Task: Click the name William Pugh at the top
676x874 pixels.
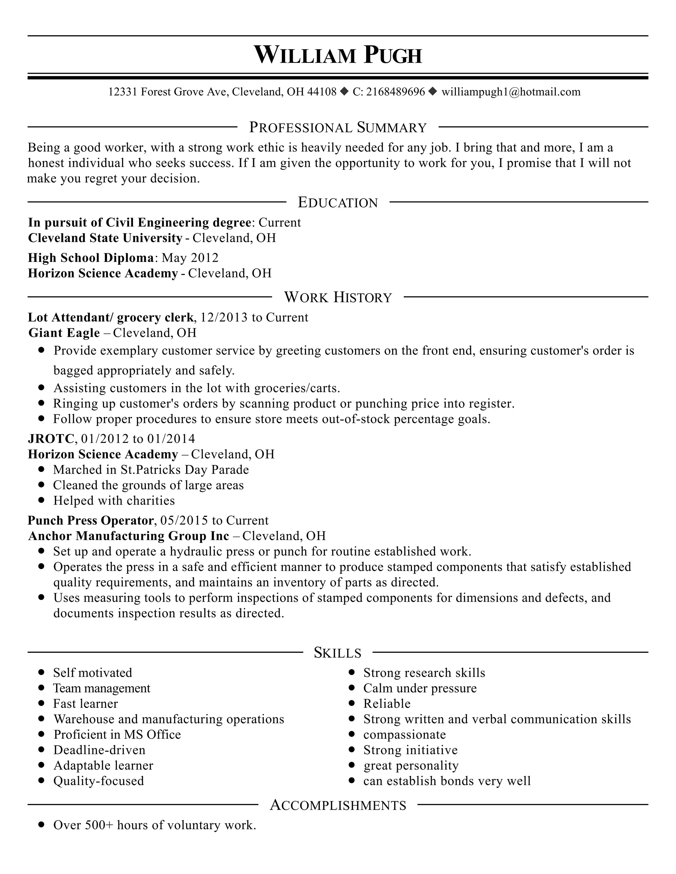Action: tap(338, 55)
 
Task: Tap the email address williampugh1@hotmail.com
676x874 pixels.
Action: tap(511, 92)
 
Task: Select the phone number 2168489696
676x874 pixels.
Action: tap(395, 92)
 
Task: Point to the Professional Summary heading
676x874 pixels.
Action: tap(338, 127)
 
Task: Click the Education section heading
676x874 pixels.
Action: tap(338, 203)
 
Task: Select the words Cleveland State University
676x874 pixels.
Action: tap(105, 238)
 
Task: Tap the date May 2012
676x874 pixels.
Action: tap(190, 258)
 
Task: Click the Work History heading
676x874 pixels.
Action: tap(338, 297)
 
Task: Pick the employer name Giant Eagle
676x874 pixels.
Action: tap(64, 333)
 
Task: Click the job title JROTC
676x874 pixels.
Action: tap(51, 439)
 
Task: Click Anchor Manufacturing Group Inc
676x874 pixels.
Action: tap(128, 536)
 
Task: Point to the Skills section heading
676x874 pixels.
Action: tap(338, 653)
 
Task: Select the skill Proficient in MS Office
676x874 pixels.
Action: tap(117, 734)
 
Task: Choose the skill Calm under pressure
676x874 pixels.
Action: tap(420, 688)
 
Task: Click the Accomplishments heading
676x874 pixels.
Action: tap(338, 805)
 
